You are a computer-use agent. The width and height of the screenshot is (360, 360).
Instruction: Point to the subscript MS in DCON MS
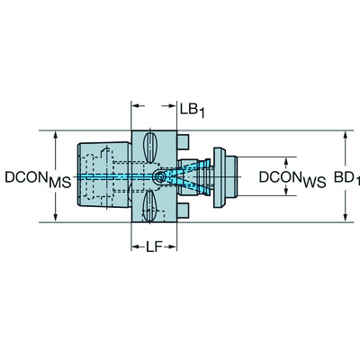59,183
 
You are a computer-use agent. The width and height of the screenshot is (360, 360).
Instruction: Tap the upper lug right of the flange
184,143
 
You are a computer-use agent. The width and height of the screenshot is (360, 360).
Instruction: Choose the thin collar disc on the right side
218,177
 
